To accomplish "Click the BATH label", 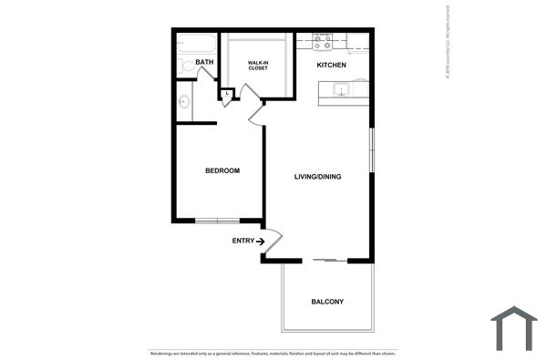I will click(x=205, y=63).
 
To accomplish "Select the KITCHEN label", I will click(x=331, y=66).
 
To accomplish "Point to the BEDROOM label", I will click(x=222, y=170).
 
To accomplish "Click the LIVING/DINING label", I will click(x=317, y=176).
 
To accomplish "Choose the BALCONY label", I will click(x=327, y=302).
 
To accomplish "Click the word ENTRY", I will click(x=243, y=241).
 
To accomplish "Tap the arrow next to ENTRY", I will click(x=261, y=241).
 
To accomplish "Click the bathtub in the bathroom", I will click(x=196, y=43).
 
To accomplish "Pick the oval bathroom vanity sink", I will click(x=183, y=102).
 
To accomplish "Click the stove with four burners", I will click(x=322, y=40).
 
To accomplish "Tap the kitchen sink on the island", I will click(x=341, y=89).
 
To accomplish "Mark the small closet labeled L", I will click(x=226, y=93).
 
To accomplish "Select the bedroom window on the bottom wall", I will click(x=217, y=221).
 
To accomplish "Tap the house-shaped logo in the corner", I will click(x=514, y=329).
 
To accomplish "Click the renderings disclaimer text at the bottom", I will click(x=273, y=353).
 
